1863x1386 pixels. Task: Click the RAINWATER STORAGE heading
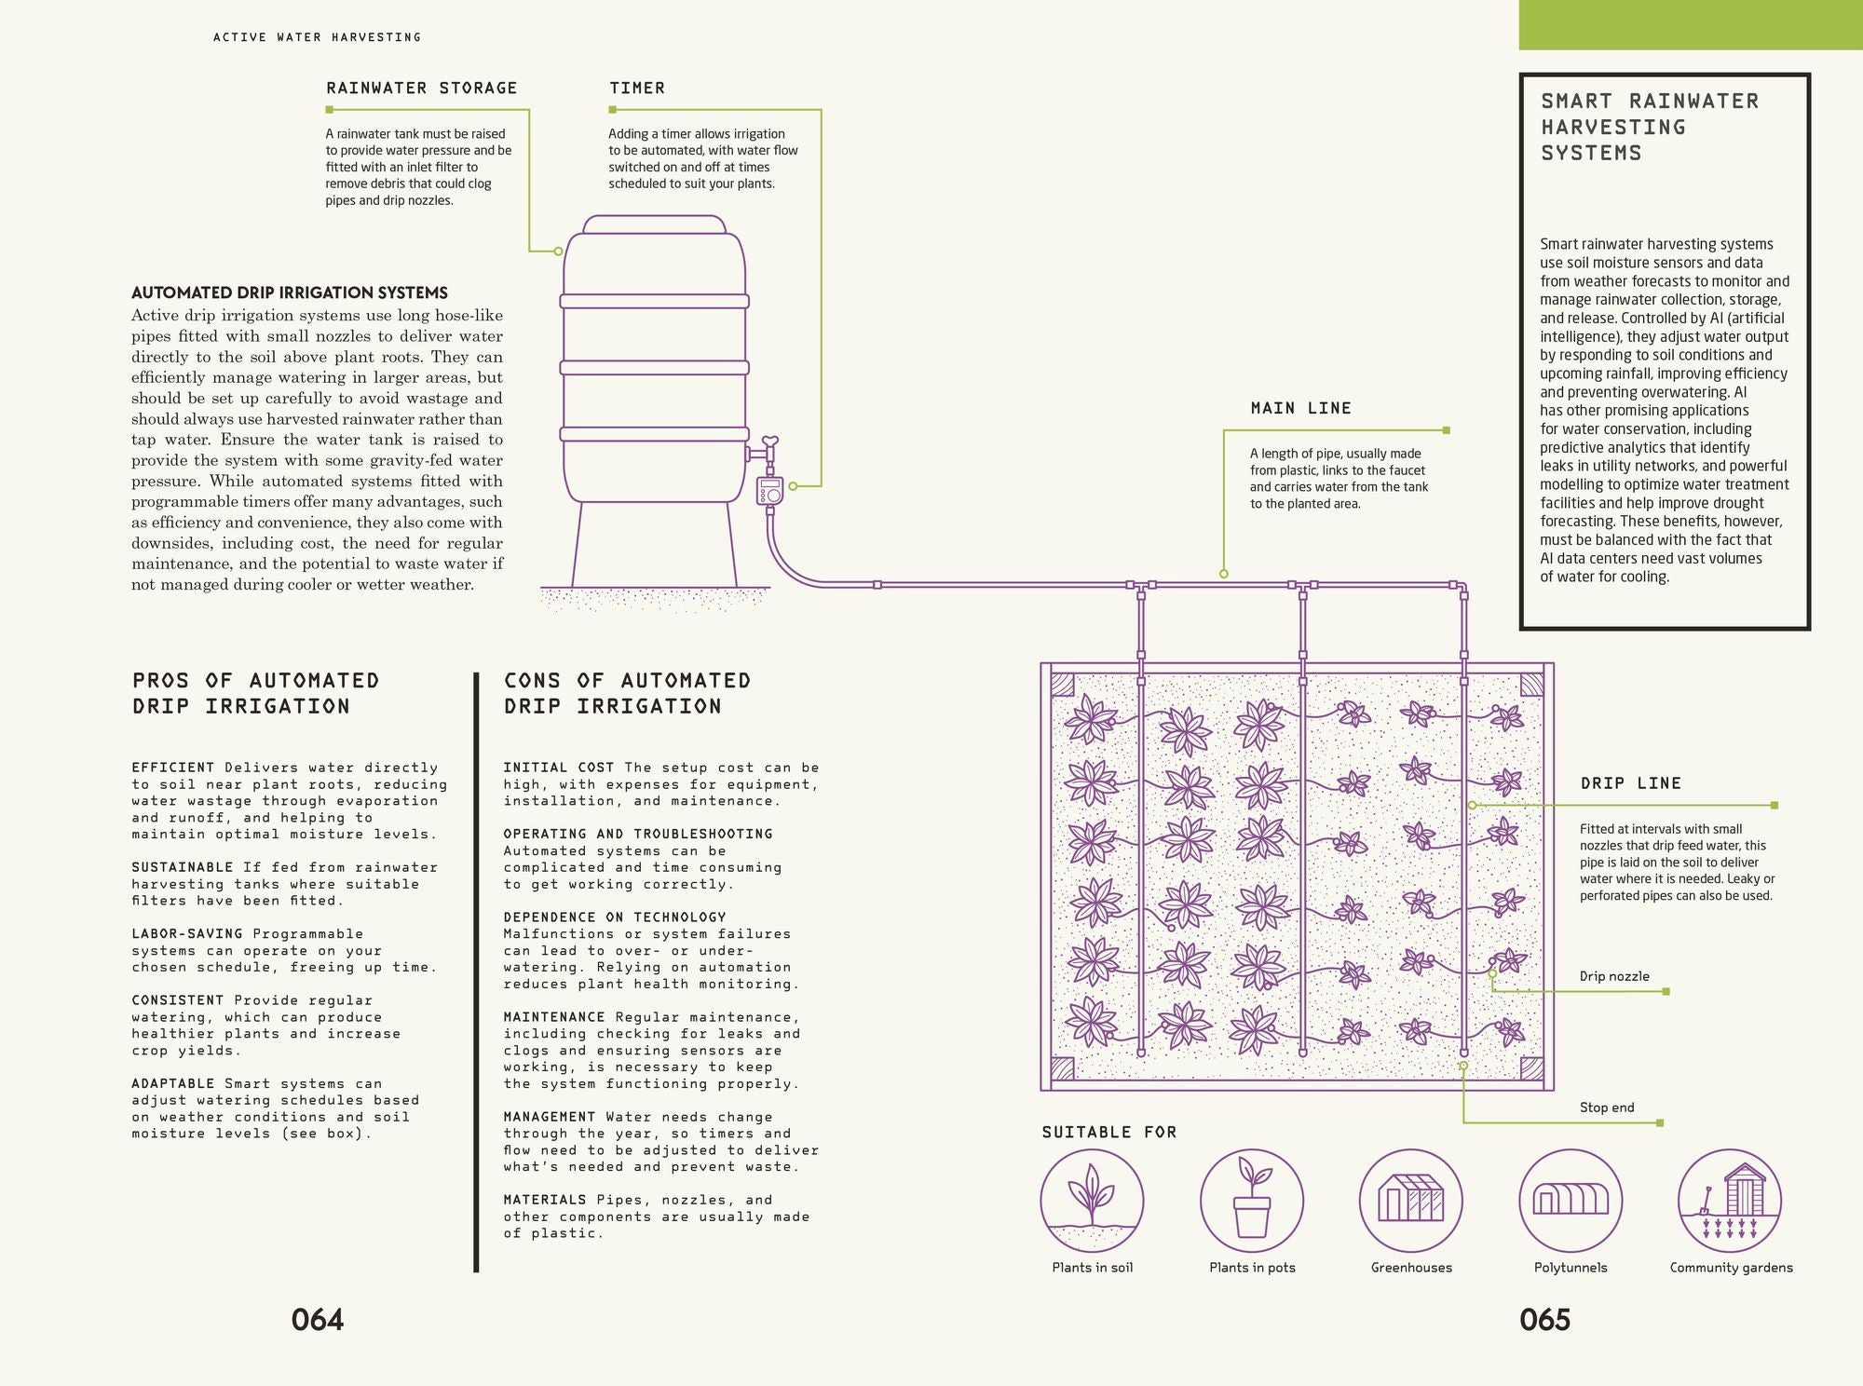pyautogui.click(x=421, y=88)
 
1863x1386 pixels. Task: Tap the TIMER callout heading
pyautogui.click(x=637, y=88)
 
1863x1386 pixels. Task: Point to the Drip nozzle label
pyautogui.click(x=1613, y=976)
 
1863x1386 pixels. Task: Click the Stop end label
pyautogui.click(x=1606, y=1107)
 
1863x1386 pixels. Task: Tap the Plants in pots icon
pyautogui.click(x=1252, y=1201)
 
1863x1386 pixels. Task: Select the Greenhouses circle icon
pyautogui.click(x=1410, y=1201)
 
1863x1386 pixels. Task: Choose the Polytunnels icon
pyautogui.click(x=1571, y=1201)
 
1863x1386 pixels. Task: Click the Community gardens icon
pyautogui.click(x=1730, y=1201)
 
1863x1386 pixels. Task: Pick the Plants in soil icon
pyautogui.click(x=1092, y=1201)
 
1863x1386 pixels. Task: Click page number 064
pyautogui.click(x=318, y=1320)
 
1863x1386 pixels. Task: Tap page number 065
pyautogui.click(x=1544, y=1320)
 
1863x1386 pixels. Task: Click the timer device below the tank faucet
pyautogui.click(x=770, y=491)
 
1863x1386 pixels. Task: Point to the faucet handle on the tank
pyautogui.click(x=769, y=442)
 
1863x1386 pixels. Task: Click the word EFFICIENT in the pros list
pyautogui.click(x=173, y=768)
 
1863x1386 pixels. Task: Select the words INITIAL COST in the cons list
pyautogui.click(x=559, y=768)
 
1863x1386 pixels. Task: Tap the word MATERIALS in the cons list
pyautogui.click(x=545, y=1200)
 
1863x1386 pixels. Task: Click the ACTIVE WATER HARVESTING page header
pyautogui.click(x=317, y=37)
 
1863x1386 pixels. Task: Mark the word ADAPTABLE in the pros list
pyautogui.click(x=173, y=1083)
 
